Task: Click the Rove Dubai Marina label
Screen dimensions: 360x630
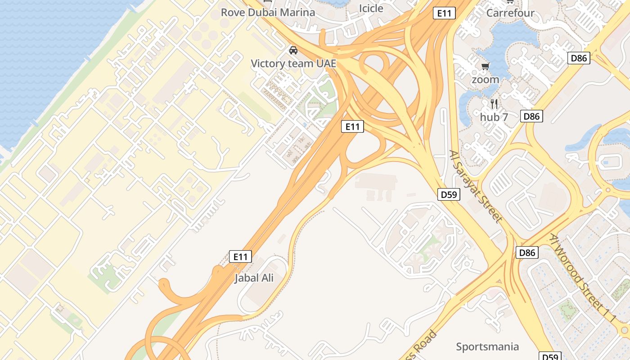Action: (268, 12)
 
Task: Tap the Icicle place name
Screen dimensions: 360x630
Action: (371, 8)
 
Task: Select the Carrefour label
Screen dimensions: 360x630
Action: (510, 13)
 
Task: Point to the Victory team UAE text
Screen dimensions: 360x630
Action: (293, 63)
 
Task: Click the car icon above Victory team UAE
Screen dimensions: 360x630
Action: (293, 50)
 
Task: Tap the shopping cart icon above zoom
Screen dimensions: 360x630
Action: (485, 67)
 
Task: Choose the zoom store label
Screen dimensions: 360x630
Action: (485, 80)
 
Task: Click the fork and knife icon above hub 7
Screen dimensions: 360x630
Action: (494, 104)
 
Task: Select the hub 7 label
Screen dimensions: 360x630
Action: (494, 117)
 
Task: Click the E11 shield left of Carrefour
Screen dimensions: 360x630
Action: (444, 13)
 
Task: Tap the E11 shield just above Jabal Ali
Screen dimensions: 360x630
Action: (240, 256)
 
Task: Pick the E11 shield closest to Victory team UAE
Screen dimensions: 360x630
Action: (352, 127)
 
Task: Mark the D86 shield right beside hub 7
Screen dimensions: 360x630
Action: (531, 116)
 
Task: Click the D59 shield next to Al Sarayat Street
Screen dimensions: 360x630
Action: (449, 194)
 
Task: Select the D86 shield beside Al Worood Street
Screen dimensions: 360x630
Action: (527, 252)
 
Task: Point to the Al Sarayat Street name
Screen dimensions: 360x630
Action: (476, 186)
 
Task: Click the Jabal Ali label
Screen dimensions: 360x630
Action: (254, 278)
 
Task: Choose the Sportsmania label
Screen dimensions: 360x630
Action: (487, 346)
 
